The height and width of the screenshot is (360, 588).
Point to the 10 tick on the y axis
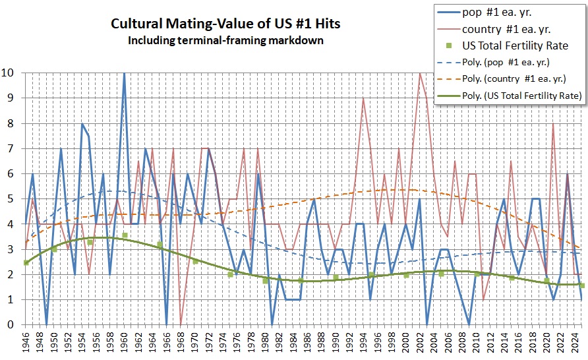[11, 73]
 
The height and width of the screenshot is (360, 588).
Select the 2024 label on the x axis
[575, 344]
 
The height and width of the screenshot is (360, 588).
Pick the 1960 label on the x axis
[125, 344]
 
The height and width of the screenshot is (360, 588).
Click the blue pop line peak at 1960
[124, 73]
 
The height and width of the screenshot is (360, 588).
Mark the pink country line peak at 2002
[420, 73]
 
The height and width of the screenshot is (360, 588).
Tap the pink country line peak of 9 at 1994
[363, 98]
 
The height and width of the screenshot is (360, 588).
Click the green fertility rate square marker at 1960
[124, 235]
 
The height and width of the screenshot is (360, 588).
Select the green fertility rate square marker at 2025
[581, 285]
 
